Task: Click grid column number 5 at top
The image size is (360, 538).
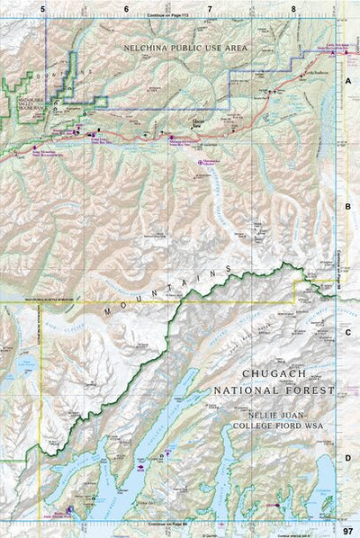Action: click(x=42, y=8)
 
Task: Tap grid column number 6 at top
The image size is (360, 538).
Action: click(x=126, y=8)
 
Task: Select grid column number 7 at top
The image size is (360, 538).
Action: click(x=210, y=8)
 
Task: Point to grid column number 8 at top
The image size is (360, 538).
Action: click(x=293, y=8)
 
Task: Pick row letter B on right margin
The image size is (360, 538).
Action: click(x=348, y=206)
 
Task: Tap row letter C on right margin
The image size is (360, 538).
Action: click(x=348, y=332)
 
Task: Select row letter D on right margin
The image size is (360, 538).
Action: click(x=348, y=458)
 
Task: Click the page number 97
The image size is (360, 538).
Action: click(x=348, y=531)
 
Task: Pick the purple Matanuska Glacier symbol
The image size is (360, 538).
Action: click(x=200, y=162)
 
